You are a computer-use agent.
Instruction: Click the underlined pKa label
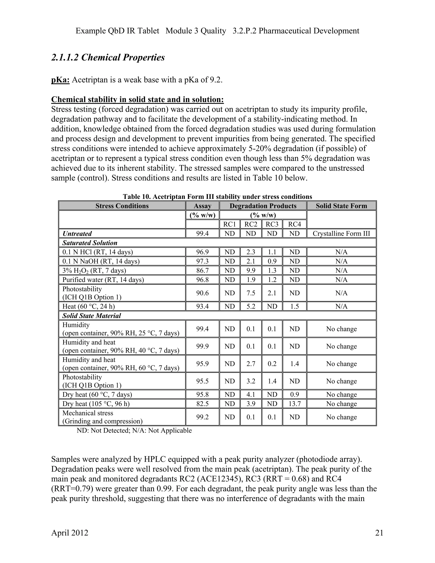(60, 80)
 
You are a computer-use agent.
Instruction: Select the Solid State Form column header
(341, 206)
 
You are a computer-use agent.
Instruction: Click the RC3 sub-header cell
(272, 224)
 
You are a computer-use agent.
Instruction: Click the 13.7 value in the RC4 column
(294, 404)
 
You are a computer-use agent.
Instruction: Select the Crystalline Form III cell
(341, 233)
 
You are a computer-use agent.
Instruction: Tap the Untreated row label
(77, 233)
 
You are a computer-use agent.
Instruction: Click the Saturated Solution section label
(90, 243)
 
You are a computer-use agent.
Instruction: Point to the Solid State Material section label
(92, 316)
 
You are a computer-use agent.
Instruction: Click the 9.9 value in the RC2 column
(251, 270)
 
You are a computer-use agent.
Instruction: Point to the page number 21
(379, 533)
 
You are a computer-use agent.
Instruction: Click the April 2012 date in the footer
(70, 533)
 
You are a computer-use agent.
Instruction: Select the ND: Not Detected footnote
(134, 430)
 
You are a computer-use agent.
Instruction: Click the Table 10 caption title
(217, 197)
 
